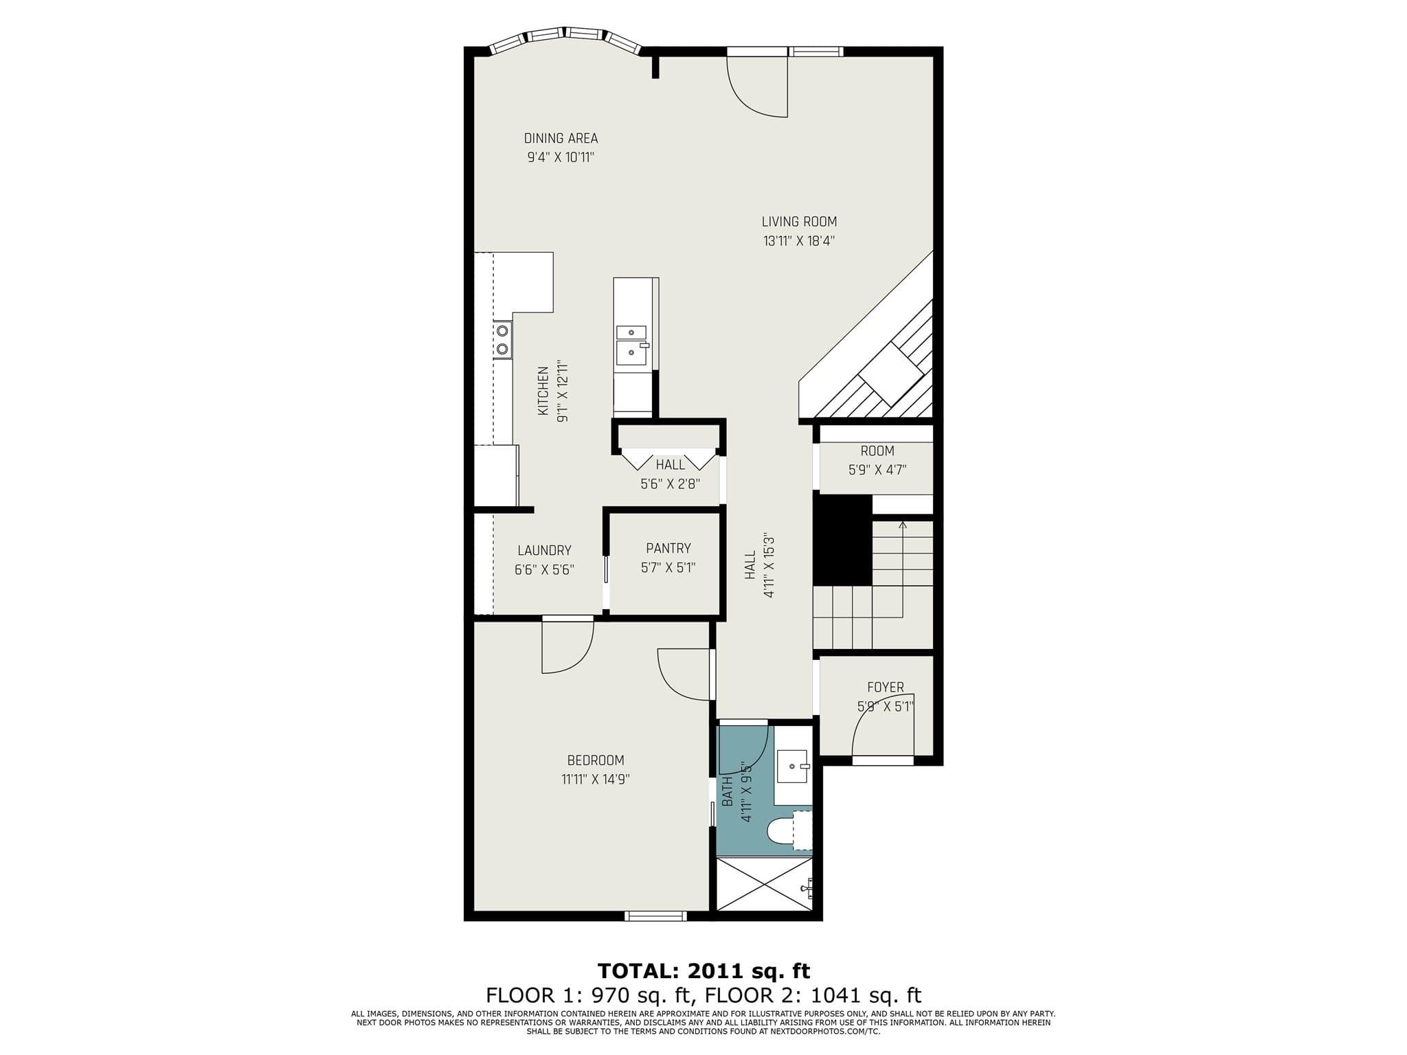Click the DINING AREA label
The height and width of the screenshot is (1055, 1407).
point(561,139)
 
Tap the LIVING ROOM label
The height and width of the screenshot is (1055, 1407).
point(799,222)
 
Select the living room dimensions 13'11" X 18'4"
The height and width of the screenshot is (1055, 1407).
point(799,241)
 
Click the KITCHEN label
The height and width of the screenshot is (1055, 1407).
point(543,391)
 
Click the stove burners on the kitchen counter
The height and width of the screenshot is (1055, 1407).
point(503,339)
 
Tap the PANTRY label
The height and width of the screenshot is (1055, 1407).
point(668,548)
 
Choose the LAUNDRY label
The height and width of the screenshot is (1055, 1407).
point(544,550)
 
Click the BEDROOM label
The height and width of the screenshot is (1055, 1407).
point(596,760)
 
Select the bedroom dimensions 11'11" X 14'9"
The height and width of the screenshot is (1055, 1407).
point(596,780)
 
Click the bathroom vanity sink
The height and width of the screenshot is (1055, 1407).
point(793,767)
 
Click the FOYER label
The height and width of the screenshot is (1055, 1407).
point(886,688)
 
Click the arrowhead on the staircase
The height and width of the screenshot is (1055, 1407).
point(903,525)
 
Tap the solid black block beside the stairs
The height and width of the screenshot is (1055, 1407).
point(842,539)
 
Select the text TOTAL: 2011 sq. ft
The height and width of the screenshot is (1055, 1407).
point(703,971)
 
